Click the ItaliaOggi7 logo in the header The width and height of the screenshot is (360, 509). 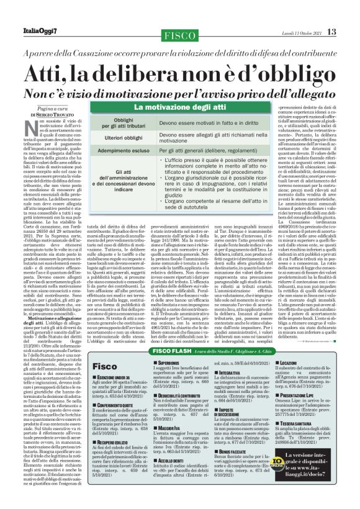(38, 31)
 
